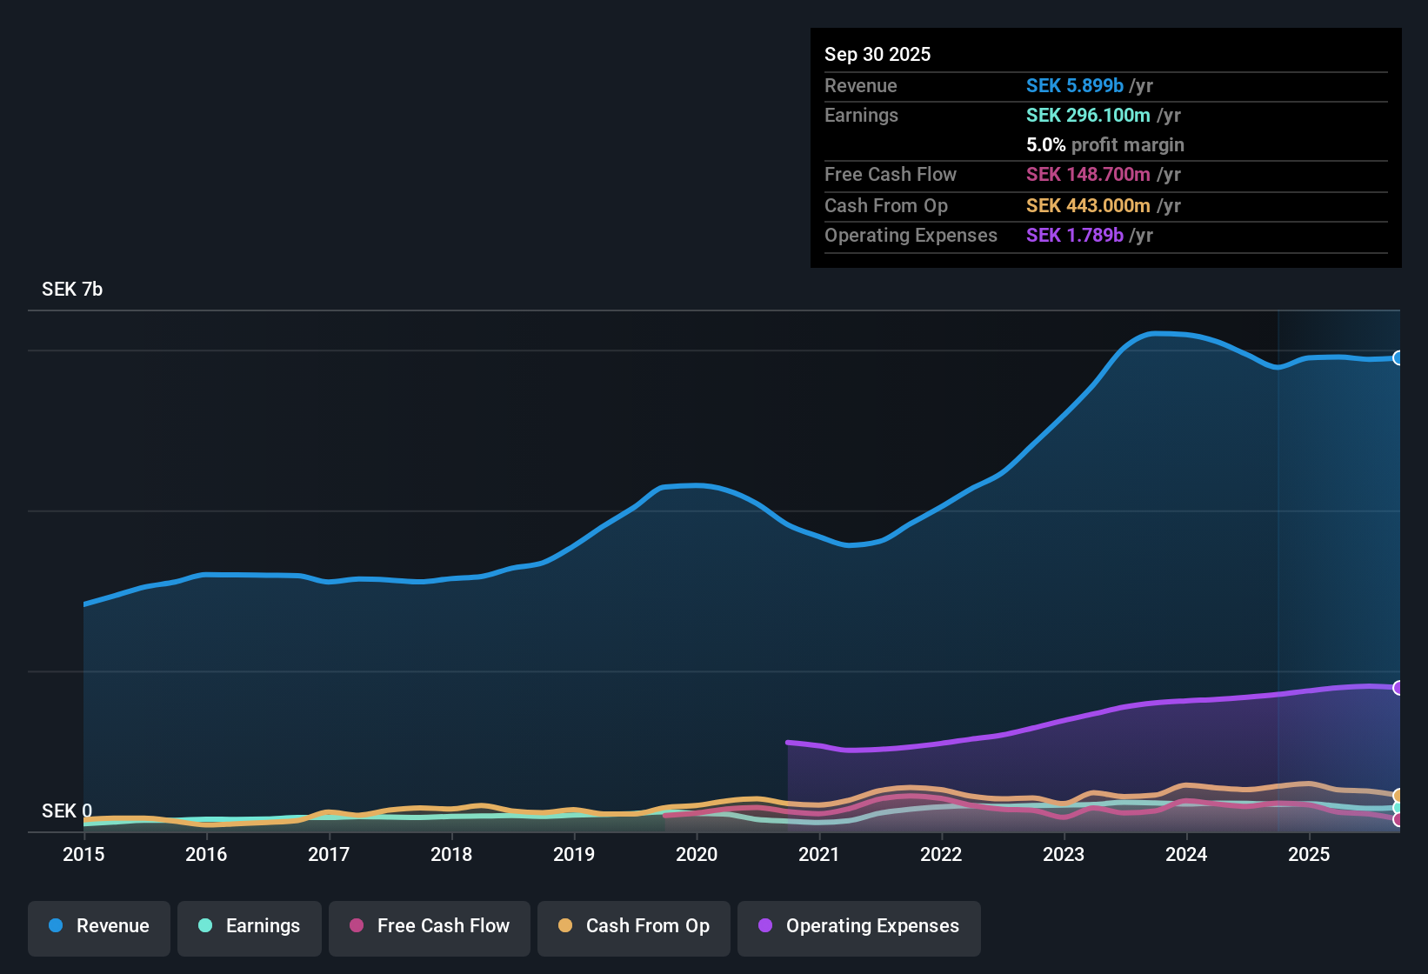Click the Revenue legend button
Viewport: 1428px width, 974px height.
(99, 926)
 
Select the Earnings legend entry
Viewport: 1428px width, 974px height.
(250, 926)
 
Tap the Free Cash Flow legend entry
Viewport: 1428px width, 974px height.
(430, 926)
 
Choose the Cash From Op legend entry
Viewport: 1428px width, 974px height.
(634, 926)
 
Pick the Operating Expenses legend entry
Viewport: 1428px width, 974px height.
(859, 926)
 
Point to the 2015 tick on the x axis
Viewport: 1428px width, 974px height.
(83, 854)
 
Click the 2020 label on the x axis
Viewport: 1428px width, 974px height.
(697, 854)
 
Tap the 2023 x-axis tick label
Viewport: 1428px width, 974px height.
(1064, 854)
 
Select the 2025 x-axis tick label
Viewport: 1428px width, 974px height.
(1309, 854)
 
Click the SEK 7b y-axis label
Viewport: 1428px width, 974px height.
(72, 290)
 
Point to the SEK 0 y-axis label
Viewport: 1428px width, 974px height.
(67, 811)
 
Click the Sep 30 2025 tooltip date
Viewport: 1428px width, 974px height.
(877, 55)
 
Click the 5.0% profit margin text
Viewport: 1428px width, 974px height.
(1104, 145)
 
